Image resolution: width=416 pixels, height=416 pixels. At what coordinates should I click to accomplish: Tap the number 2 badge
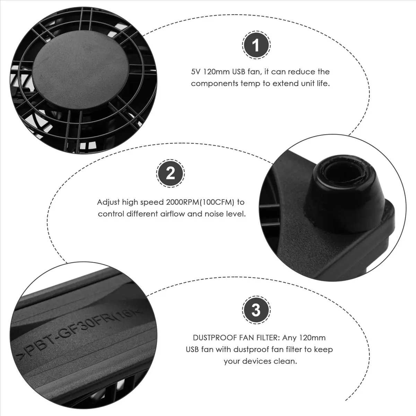[170, 174]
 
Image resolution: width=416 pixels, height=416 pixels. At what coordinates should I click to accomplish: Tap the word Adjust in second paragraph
[108, 202]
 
